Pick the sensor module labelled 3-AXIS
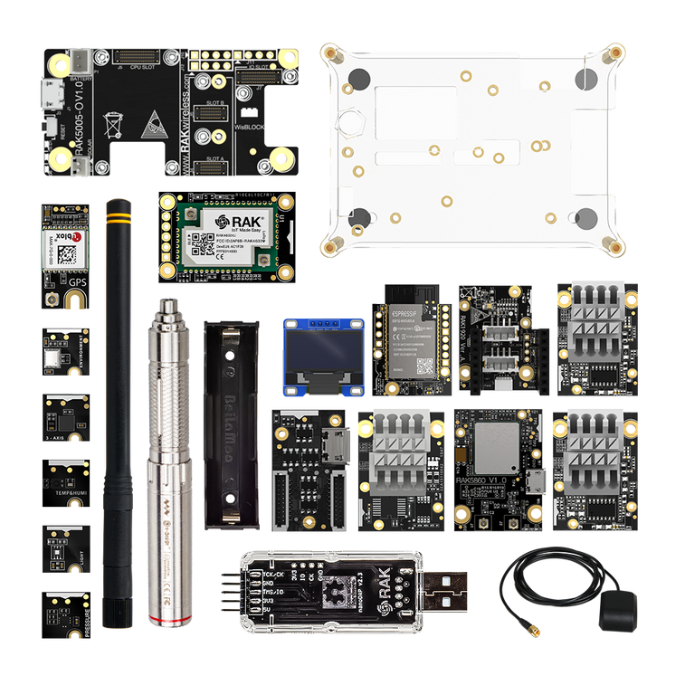click(66, 417)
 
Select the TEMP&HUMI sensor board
click(66, 482)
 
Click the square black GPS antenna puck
click(617, 610)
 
